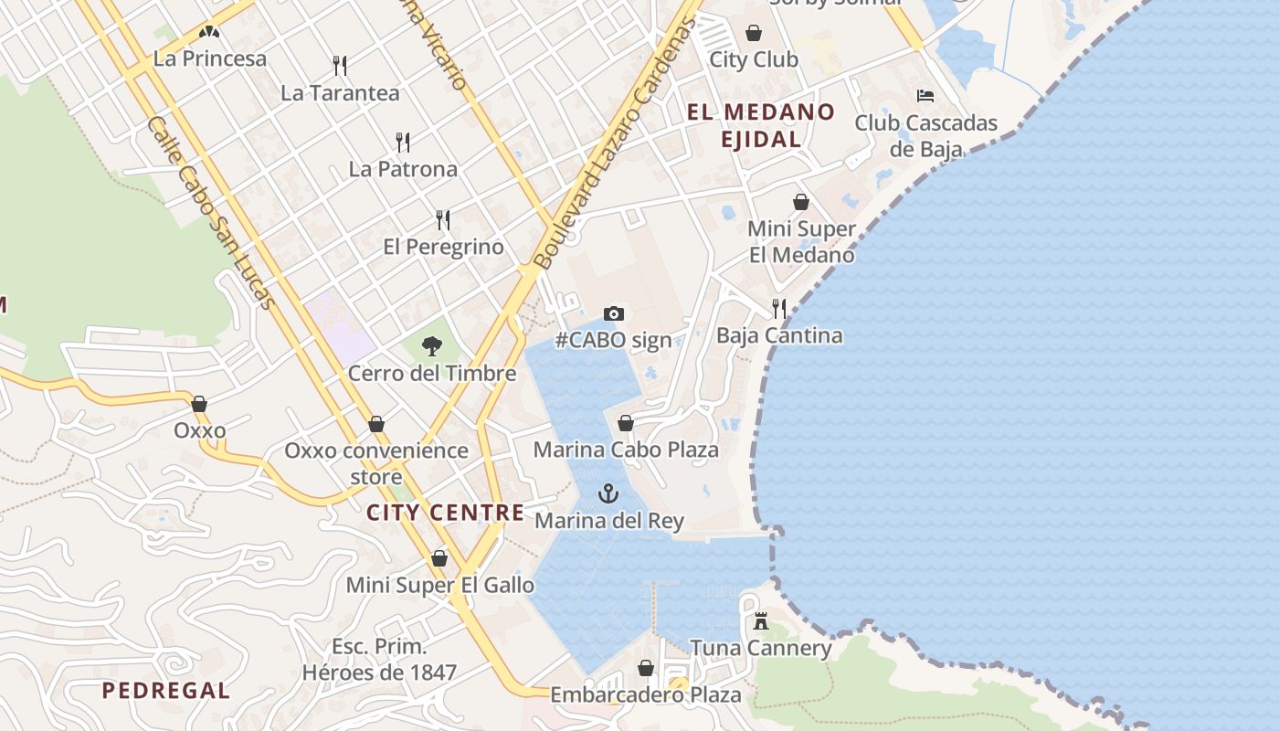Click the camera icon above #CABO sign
614,313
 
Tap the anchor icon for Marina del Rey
608,493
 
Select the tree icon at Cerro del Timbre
432,346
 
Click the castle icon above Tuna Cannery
760,622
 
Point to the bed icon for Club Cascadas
925,95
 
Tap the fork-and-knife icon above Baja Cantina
778,308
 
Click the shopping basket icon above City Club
754,33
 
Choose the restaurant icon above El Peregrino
443,219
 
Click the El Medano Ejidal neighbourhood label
761,125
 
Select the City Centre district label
446,513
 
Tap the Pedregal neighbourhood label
166,691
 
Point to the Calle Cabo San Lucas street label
211,212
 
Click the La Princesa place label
210,58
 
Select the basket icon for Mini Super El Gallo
439,558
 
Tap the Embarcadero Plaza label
646,695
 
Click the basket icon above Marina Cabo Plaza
626,423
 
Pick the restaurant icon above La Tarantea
340,65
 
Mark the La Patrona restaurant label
403,169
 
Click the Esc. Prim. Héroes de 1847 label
379,660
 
